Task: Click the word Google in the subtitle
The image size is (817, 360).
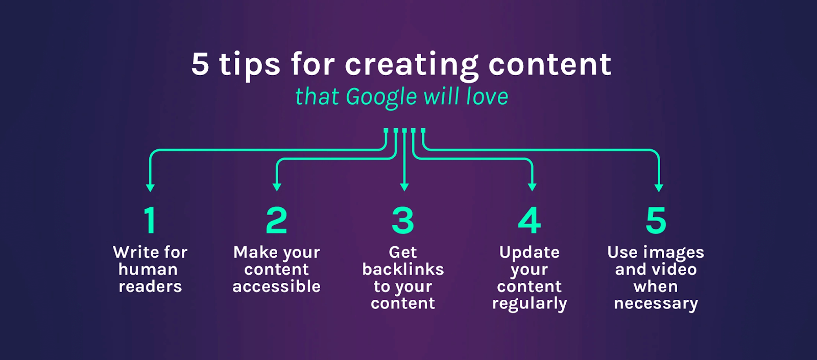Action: (x=381, y=98)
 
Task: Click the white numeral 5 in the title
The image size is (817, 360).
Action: (x=200, y=64)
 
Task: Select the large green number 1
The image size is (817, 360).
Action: (x=150, y=220)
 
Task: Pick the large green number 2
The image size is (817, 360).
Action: (x=276, y=220)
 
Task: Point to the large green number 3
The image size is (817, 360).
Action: (x=403, y=220)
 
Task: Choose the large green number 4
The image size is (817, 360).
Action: (x=530, y=220)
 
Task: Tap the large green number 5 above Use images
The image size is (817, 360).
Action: (x=656, y=220)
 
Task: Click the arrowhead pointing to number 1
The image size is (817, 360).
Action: (x=150, y=187)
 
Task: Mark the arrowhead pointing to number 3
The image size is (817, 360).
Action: (x=404, y=187)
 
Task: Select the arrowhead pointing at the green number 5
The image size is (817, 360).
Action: (x=659, y=187)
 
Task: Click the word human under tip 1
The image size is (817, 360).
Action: (x=148, y=270)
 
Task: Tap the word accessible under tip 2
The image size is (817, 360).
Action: (x=276, y=286)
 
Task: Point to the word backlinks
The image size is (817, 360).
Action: (x=403, y=270)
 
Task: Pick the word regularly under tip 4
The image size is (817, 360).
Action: (x=530, y=304)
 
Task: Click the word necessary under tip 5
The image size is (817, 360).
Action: (x=656, y=304)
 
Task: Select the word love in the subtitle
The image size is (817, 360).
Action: (x=487, y=98)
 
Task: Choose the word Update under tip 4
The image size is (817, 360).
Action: (x=530, y=253)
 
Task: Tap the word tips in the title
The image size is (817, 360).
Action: (x=250, y=65)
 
